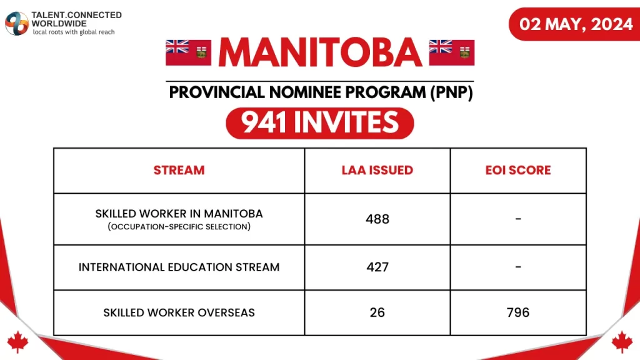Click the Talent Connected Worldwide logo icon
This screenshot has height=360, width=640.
[x=17, y=23]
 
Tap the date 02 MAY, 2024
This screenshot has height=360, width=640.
[x=576, y=24]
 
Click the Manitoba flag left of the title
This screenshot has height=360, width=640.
[x=188, y=52]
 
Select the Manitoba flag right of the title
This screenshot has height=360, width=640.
[x=452, y=52]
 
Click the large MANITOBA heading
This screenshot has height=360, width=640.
[x=320, y=53]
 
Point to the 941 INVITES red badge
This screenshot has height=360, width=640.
[x=320, y=122]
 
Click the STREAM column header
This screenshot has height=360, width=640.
[x=179, y=170]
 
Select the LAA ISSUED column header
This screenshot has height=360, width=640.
[x=377, y=170]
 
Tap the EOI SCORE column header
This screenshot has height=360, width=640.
[x=518, y=170]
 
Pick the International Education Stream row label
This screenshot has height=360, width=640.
[x=179, y=267]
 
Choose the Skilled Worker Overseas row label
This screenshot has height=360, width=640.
[x=179, y=312]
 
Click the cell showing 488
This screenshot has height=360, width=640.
[x=377, y=219]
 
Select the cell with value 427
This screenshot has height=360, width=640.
[x=377, y=267]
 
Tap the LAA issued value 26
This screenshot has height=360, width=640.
[x=377, y=312]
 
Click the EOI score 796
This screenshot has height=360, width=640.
[x=518, y=312]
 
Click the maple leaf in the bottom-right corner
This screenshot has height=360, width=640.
[x=622, y=342]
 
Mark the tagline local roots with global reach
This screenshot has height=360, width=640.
[x=74, y=32]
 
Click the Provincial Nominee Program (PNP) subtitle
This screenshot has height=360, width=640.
[x=320, y=92]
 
